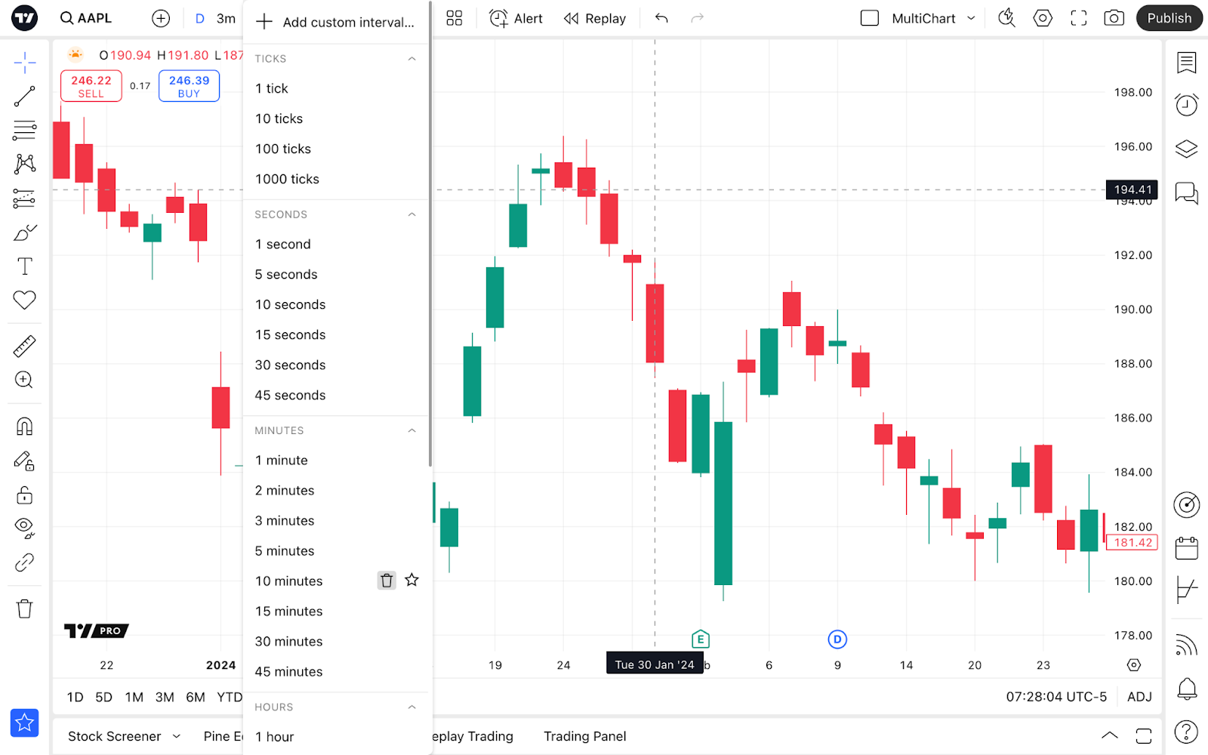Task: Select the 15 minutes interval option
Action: pyautogui.click(x=288, y=612)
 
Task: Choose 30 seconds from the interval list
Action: pyautogui.click(x=290, y=365)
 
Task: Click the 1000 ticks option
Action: pyautogui.click(x=287, y=180)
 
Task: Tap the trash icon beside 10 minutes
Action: pyautogui.click(x=387, y=581)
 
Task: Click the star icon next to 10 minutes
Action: pyautogui.click(x=411, y=580)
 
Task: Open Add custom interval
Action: pyautogui.click(x=336, y=23)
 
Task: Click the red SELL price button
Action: pyautogui.click(x=91, y=86)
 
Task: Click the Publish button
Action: pyautogui.click(x=1169, y=18)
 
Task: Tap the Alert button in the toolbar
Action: pyautogui.click(x=516, y=18)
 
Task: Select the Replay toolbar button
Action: pyautogui.click(x=595, y=18)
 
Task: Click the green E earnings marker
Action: pyautogui.click(x=701, y=639)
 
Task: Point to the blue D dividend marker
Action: pyautogui.click(x=837, y=639)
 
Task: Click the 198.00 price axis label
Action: pyautogui.click(x=1132, y=92)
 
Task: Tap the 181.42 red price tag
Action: pyautogui.click(x=1132, y=543)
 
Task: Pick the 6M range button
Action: pyautogui.click(x=196, y=697)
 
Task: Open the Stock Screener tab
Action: pyautogui.click(x=115, y=736)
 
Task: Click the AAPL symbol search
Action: pyautogui.click(x=86, y=18)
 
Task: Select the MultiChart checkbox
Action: pyautogui.click(x=870, y=18)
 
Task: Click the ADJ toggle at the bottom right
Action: pyautogui.click(x=1139, y=697)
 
